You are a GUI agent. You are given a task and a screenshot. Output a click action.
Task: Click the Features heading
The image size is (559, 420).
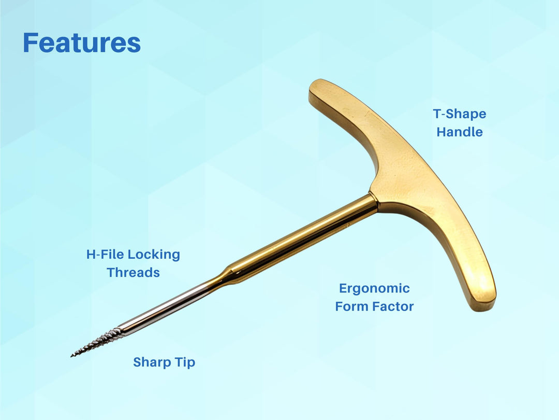pyautogui.click(x=82, y=43)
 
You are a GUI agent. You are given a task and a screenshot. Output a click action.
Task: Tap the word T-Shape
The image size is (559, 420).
pyautogui.click(x=460, y=114)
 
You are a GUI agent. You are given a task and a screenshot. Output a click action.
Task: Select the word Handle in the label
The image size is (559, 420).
pyautogui.click(x=460, y=132)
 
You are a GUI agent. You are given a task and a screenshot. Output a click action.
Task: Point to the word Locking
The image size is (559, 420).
pyautogui.click(x=154, y=255)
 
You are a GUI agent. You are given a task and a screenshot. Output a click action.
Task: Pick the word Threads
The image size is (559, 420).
pyautogui.click(x=133, y=273)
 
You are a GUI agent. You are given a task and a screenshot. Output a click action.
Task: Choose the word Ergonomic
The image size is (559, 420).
pyautogui.click(x=374, y=288)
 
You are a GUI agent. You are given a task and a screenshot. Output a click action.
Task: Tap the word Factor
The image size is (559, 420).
pyautogui.click(x=392, y=306)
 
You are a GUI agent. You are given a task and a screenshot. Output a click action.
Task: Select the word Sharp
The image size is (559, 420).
pyautogui.click(x=152, y=362)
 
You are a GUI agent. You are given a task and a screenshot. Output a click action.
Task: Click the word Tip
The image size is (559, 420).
pyautogui.click(x=186, y=362)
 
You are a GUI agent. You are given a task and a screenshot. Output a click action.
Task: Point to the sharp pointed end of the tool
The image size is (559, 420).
pyautogui.click(x=72, y=356)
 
